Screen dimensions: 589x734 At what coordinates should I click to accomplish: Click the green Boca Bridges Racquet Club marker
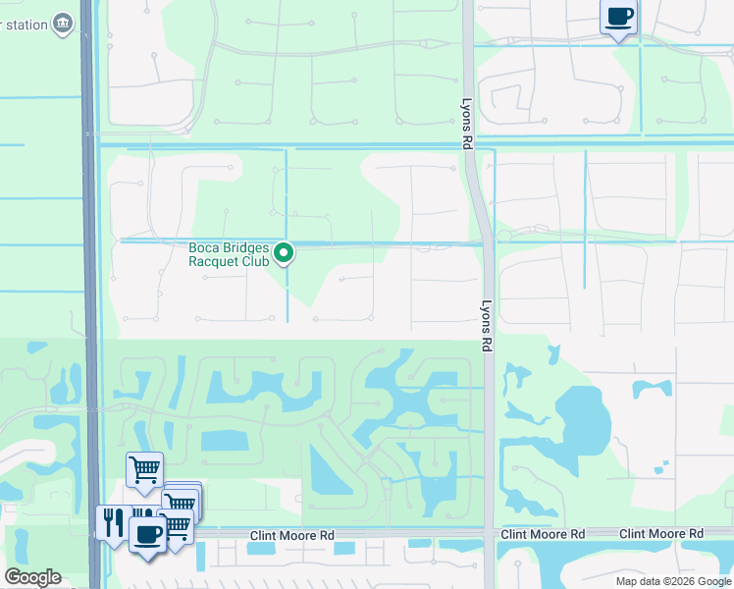pos(284,253)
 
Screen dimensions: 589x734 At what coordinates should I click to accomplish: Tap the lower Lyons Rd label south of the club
pos(486,326)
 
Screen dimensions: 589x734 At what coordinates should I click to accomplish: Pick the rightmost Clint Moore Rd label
pos(660,533)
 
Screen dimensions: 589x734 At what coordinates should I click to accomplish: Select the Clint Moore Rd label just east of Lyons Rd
pos(543,534)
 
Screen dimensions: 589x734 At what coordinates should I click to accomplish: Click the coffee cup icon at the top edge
pos(618,17)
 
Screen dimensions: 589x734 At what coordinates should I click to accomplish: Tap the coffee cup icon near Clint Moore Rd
pos(148,535)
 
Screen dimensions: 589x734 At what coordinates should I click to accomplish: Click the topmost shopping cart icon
pos(144,469)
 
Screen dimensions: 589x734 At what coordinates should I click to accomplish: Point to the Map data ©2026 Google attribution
pos(674,581)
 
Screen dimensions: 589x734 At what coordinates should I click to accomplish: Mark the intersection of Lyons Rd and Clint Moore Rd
pos(489,534)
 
